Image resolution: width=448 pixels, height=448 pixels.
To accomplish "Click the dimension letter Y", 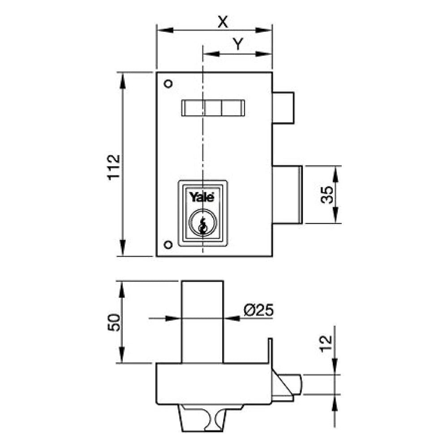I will click(x=238, y=44).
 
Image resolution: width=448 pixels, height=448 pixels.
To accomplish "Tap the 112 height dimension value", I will click(x=114, y=167).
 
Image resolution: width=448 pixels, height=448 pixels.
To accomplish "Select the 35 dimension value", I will click(x=327, y=195).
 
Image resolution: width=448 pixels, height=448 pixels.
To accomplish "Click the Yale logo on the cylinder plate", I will click(x=202, y=197).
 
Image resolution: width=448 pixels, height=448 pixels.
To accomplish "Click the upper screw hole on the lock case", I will click(x=168, y=83).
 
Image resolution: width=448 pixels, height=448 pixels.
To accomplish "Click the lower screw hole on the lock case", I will click(x=168, y=244).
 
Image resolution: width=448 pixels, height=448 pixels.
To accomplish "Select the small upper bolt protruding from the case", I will click(x=284, y=108).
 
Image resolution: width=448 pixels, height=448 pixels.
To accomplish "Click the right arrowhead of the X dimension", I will click(x=267, y=31).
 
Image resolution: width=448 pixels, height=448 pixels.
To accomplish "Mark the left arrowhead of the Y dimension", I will click(x=208, y=54).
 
